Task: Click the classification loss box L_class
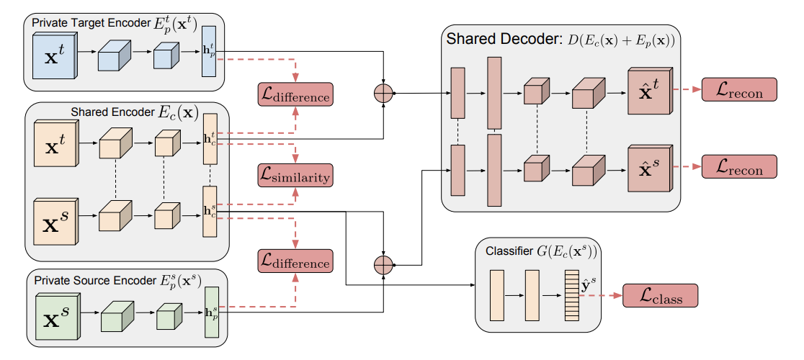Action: (x=661, y=295)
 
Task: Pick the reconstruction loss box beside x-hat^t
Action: (x=738, y=90)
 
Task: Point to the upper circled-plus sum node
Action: (x=383, y=92)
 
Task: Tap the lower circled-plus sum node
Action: (x=383, y=265)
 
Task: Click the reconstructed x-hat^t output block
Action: (x=648, y=92)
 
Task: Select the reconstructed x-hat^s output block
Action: (x=648, y=169)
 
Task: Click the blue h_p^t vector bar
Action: (x=209, y=51)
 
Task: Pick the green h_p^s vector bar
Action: (x=211, y=312)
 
